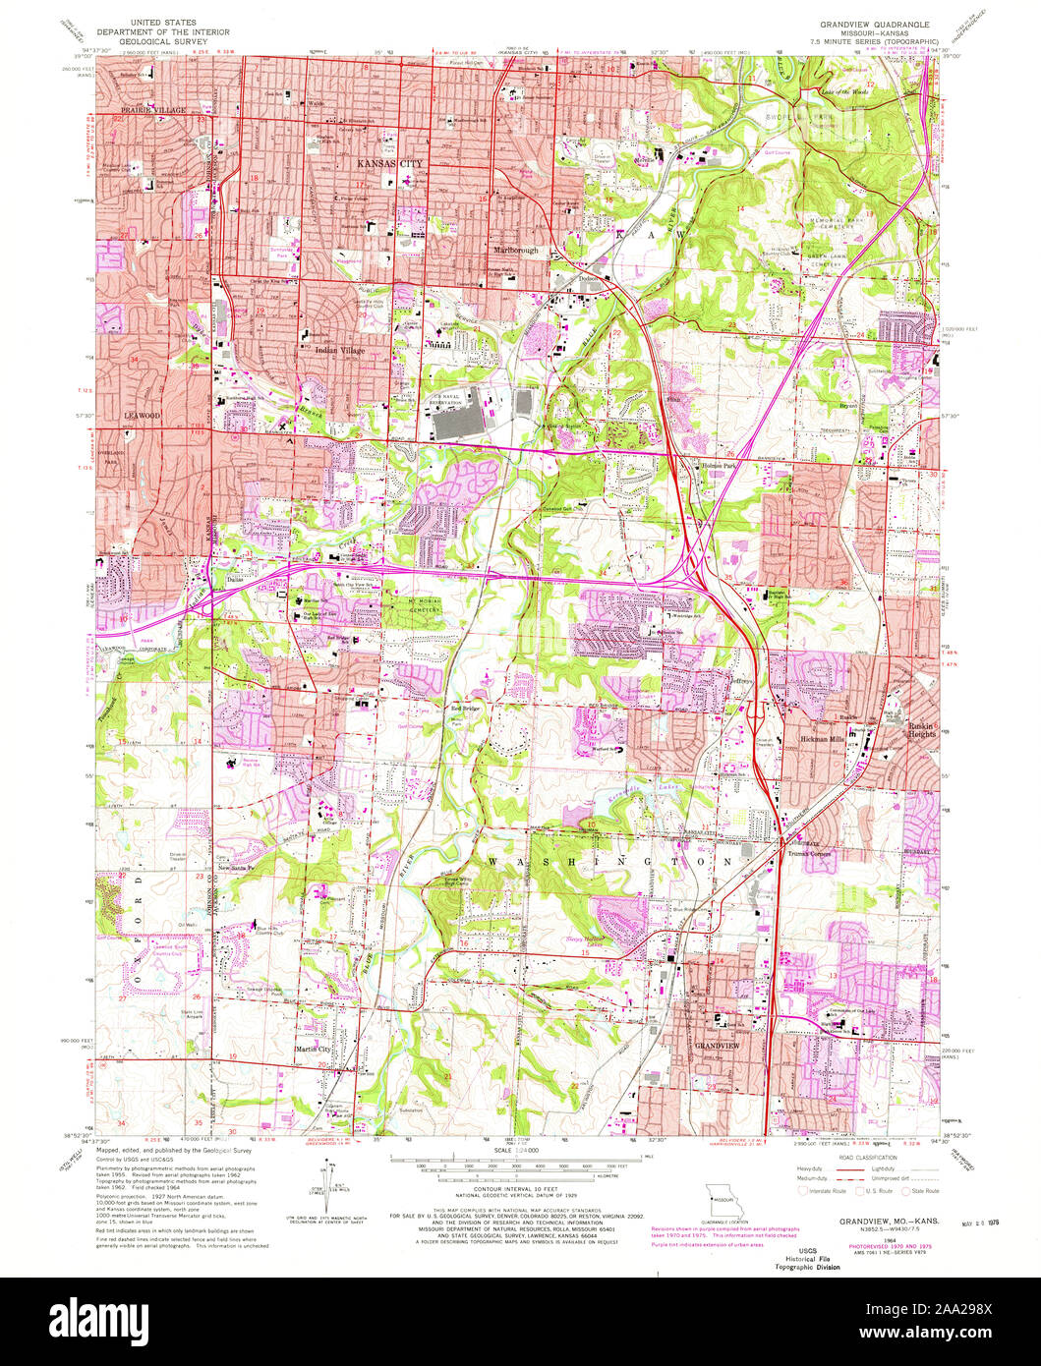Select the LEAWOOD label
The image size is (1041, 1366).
tap(141, 416)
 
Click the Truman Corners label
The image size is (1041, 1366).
tap(809, 853)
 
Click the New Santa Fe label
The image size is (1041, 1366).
tap(236, 868)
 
